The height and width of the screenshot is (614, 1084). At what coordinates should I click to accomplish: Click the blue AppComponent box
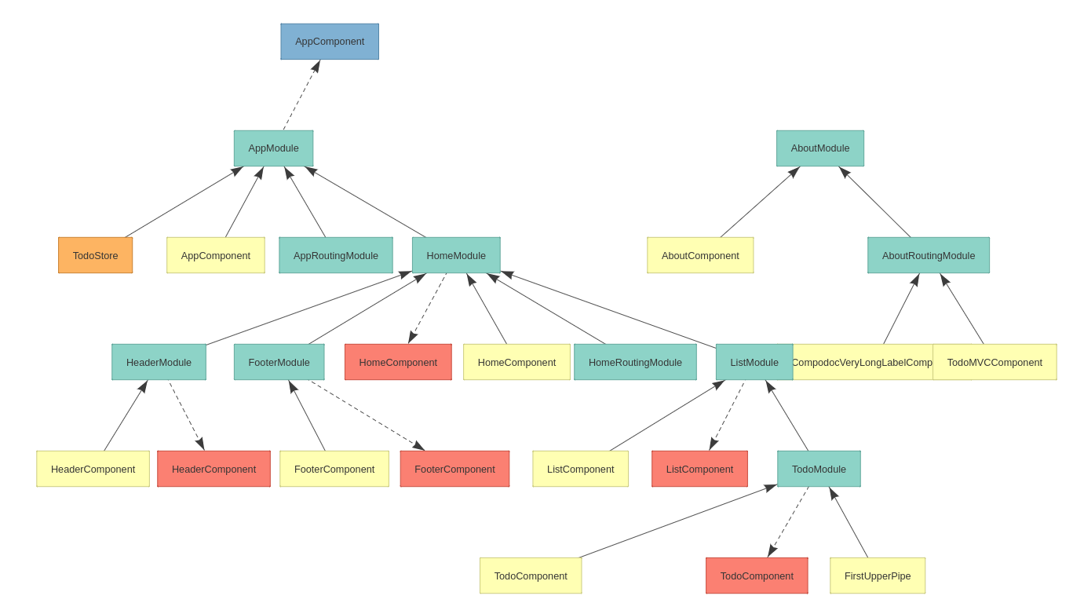330,42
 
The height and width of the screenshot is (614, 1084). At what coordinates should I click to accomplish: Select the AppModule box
273,148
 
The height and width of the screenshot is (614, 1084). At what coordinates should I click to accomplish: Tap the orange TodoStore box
95,255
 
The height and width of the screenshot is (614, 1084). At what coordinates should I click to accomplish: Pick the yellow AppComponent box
215,255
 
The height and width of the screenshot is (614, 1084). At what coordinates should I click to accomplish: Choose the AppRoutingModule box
335,255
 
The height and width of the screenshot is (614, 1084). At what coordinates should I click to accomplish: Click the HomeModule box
456,255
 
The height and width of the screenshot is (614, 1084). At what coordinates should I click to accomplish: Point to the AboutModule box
819,148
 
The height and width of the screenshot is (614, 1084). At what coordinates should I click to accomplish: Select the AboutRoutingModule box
928,255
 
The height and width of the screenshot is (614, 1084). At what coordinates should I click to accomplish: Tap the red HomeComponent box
398,362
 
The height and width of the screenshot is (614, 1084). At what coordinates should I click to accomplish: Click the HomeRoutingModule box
635,362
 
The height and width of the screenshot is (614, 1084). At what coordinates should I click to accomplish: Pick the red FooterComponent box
454,469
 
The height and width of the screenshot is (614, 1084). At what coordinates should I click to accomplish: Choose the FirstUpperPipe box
878,576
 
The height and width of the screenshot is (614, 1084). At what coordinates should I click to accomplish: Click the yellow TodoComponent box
531,576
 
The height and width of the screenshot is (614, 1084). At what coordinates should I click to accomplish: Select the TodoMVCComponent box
995,362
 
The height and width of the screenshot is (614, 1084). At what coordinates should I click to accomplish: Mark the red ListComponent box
699,469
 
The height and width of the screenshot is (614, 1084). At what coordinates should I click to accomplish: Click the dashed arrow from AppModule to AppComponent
301,96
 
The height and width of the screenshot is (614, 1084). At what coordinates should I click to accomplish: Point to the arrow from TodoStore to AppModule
184,202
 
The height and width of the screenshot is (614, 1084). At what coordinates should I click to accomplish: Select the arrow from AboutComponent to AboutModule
760,202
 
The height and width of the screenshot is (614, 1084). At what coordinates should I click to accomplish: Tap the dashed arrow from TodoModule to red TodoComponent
789,521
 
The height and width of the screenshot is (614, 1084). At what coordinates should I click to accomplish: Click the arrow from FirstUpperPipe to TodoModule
849,522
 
